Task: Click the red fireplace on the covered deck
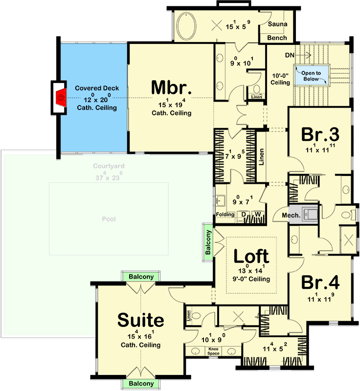point(61,97)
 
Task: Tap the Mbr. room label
point(171,88)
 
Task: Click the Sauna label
point(278,24)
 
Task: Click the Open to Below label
point(311,76)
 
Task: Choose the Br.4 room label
point(320,282)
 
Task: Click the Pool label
point(109,219)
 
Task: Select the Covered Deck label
point(97,88)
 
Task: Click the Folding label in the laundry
point(225,215)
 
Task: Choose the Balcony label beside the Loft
point(208,241)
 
